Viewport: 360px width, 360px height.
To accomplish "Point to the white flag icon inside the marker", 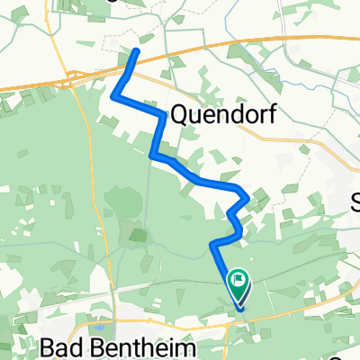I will (239, 280).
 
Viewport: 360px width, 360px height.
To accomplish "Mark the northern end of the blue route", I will (136, 50).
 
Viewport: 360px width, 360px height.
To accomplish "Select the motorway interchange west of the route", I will (70, 82).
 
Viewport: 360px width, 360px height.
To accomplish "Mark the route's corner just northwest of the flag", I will (212, 245).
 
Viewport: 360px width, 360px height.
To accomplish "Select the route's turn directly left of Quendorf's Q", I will (163, 118).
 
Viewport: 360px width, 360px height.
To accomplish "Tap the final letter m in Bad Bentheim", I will (185, 347).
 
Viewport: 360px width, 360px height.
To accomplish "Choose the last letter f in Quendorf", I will (272, 114).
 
